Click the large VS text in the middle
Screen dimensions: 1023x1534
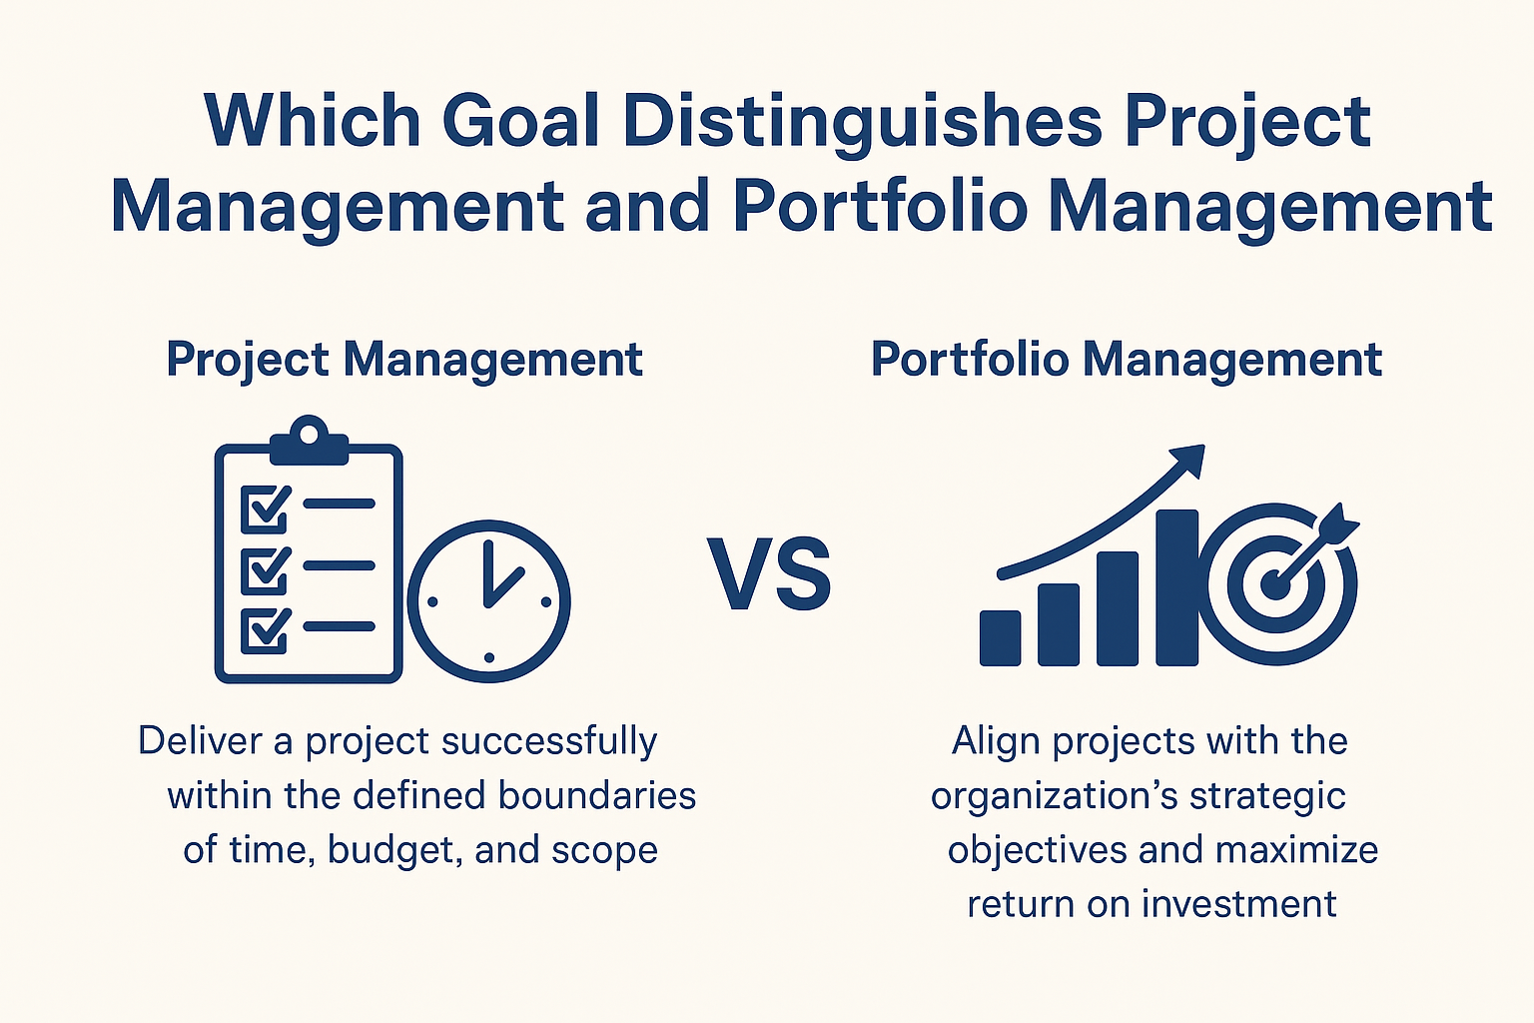[770, 575]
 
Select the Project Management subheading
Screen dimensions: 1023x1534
[404, 360]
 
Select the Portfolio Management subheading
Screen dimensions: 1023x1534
[1127, 360]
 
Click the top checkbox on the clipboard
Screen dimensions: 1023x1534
[265, 509]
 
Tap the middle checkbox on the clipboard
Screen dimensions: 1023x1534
[265, 569]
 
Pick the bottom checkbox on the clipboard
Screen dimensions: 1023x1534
[265, 630]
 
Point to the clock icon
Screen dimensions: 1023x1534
[488, 601]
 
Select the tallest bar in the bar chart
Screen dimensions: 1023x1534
[1176, 587]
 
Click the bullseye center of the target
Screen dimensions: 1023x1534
[1274, 583]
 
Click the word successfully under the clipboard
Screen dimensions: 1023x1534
[548, 741]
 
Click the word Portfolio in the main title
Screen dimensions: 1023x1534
[880, 207]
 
